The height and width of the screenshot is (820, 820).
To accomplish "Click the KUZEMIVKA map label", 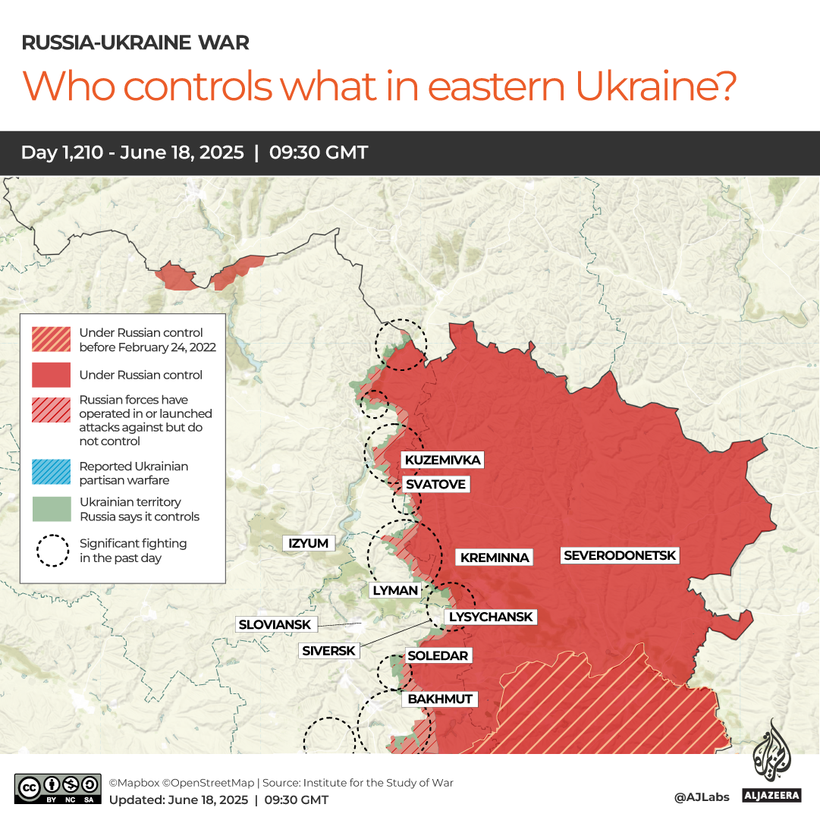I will tap(443, 460).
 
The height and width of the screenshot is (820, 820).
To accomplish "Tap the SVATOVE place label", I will tap(435, 484).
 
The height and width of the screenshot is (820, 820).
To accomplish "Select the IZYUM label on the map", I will tap(309, 543).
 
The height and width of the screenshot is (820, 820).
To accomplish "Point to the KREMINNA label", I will tap(495, 558).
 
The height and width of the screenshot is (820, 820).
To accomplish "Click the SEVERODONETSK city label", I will tap(620, 555).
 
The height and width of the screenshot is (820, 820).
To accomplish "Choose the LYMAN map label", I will tap(394, 590).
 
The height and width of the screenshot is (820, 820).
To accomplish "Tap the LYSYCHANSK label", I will tap(492, 617).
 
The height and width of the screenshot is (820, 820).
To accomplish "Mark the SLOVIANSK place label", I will tap(275, 624).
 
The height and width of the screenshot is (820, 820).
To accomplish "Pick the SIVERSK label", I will tap(328, 650).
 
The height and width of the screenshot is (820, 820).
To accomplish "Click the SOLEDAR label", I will tap(438, 655).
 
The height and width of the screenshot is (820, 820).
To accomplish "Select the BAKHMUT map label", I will tap(440, 699).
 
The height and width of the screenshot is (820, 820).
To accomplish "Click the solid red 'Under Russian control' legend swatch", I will tap(52, 375).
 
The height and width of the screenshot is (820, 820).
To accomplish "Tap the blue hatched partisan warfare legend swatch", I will tap(52, 473).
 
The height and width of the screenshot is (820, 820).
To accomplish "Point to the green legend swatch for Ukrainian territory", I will tap(52, 509).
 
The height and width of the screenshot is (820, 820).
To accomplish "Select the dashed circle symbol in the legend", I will tap(52, 551).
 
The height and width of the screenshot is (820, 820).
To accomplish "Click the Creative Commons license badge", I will tap(58, 789).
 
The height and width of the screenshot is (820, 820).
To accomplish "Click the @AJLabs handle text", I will tap(702, 797).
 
